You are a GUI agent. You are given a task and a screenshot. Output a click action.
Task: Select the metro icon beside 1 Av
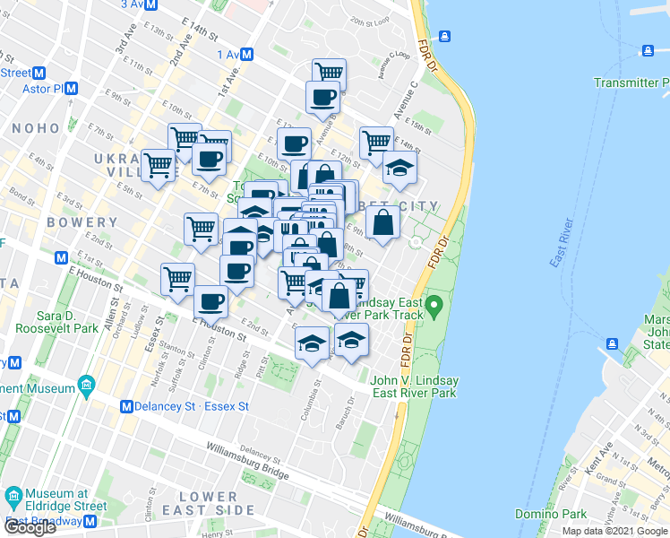coord(247,55)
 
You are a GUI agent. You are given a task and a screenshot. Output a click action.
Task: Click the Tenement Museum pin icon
coord(87,389)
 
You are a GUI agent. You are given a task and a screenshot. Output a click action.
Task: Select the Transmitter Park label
coord(631,82)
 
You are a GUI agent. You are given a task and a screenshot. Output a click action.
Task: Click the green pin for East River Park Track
coord(434,308)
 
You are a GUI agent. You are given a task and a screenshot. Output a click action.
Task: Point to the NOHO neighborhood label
coord(35,129)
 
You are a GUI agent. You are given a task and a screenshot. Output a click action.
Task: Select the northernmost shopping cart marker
coord(330,72)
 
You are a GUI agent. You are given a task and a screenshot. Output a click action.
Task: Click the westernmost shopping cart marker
coord(159,163)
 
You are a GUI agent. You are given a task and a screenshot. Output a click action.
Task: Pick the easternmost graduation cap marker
coord(399,168)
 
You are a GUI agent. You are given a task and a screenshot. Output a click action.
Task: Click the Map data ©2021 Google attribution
coord(614,531)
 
